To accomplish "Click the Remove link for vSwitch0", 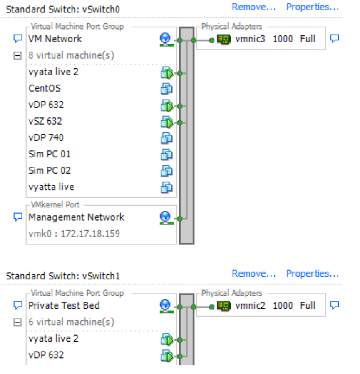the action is coord(254,7).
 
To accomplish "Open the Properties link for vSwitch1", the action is coord(313,274).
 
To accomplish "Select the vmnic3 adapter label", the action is coord(250,39).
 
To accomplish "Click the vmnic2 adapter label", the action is coord(250,306).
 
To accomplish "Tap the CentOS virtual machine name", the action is coord(45,88).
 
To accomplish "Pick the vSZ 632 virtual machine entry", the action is coord(45,121).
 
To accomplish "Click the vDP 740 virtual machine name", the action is coord(46,137).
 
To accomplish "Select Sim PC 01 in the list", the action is coord(50,154).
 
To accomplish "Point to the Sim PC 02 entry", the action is coord(50,170).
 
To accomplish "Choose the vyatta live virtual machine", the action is coord(51,187).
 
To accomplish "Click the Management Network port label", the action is coord(76,217).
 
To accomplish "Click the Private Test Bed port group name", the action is coord(64,305).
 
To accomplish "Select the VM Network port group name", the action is coord(55,39).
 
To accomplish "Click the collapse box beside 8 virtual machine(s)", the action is coord(17,55).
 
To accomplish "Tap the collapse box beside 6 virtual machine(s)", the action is coord(17,322).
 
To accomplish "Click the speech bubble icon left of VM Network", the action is coord(17,39).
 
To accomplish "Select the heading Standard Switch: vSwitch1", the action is coord(63,276).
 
